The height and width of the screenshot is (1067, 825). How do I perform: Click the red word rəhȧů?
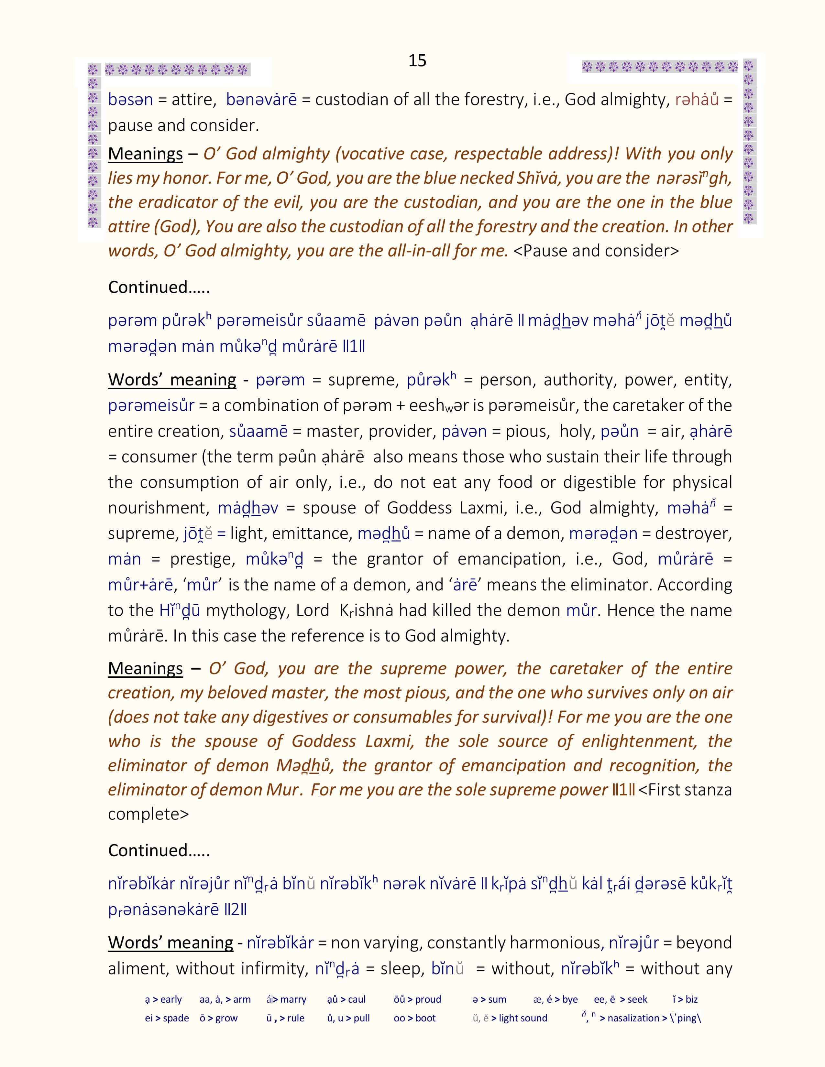697,100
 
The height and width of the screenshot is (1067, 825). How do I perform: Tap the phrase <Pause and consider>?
596,251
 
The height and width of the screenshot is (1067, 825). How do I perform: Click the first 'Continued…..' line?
159,287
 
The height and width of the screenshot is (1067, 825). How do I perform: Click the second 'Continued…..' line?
159,851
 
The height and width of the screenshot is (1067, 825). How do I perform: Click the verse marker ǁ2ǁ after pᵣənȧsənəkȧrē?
236,910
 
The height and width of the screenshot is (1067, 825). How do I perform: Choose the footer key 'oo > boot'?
414,1018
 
